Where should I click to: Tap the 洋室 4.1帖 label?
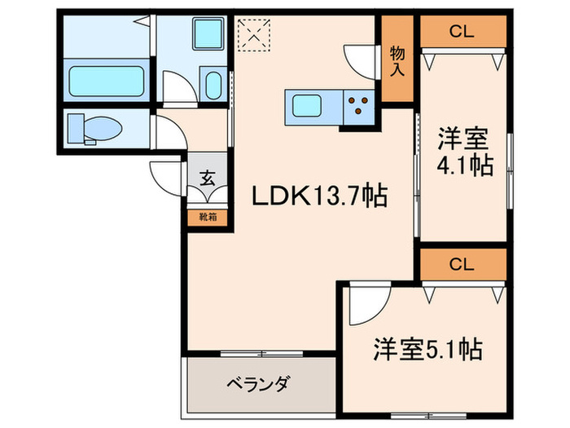click(465, 151)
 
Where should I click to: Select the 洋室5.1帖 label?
click(427, 351)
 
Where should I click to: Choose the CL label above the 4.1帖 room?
click(461, 32)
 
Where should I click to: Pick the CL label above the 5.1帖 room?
click(461, 264)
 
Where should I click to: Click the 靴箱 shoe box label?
click(208, 218)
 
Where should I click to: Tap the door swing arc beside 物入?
click(362, 62)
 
